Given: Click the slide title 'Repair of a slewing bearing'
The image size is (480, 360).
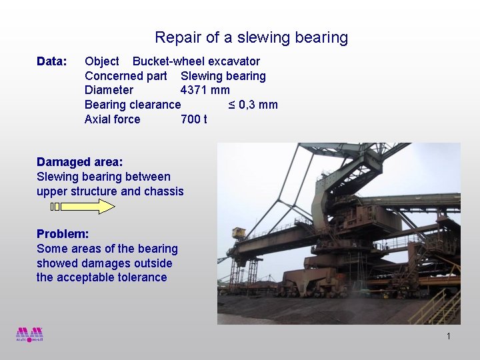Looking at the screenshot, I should coord(251,38).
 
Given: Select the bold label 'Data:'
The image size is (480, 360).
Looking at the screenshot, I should coord(52,62).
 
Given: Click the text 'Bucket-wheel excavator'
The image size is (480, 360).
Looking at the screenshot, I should coord(196,61).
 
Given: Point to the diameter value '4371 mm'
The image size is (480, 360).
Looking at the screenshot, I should coord(205,90).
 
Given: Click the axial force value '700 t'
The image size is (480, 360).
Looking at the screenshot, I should coord(193,119).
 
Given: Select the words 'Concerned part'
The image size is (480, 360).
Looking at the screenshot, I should coord(125,76).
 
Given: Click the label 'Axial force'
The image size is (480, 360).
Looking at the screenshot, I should coord(112,119).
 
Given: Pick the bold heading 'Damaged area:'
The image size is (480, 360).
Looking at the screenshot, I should coord(79,162).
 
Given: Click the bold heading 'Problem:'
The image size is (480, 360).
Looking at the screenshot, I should coord(63,234).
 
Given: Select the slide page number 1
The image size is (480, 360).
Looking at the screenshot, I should coord(449,336).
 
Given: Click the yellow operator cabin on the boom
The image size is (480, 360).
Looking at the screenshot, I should coord(238,233).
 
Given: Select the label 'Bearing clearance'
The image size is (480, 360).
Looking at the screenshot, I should coord(132,105).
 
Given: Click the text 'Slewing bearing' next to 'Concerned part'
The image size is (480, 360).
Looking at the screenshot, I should coord(223,76).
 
